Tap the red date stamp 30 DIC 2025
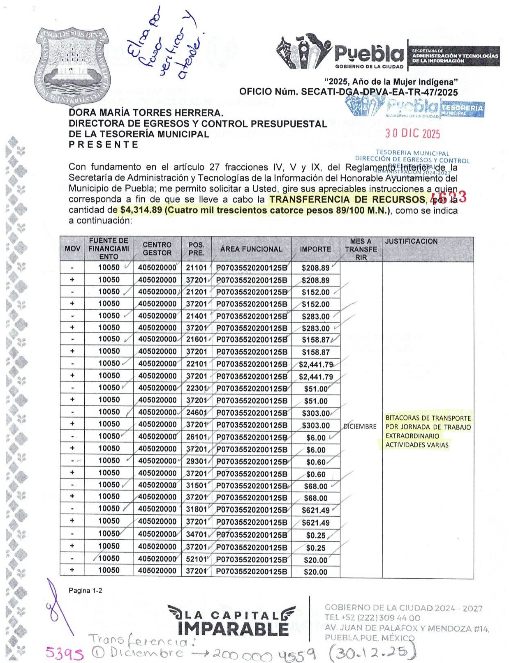point(412,134)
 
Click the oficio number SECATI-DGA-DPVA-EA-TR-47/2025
point(379,92)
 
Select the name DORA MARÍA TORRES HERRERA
point(146,113)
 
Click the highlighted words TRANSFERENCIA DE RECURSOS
point(347,200)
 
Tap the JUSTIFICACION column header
point(411,242)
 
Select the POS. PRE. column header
point(196,249)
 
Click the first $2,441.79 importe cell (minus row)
point(316,364)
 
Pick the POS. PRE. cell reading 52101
point(196,559)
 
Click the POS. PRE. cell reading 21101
point(196,268)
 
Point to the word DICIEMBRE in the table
point(360,426)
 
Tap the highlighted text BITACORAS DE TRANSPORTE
point(428,418)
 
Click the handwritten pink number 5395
point(65,652)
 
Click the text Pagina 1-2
point(85,591)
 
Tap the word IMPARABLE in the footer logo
point(233,629)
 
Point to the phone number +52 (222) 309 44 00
point(372,617)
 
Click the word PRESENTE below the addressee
point(104,145)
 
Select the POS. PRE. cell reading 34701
point(196,535)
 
